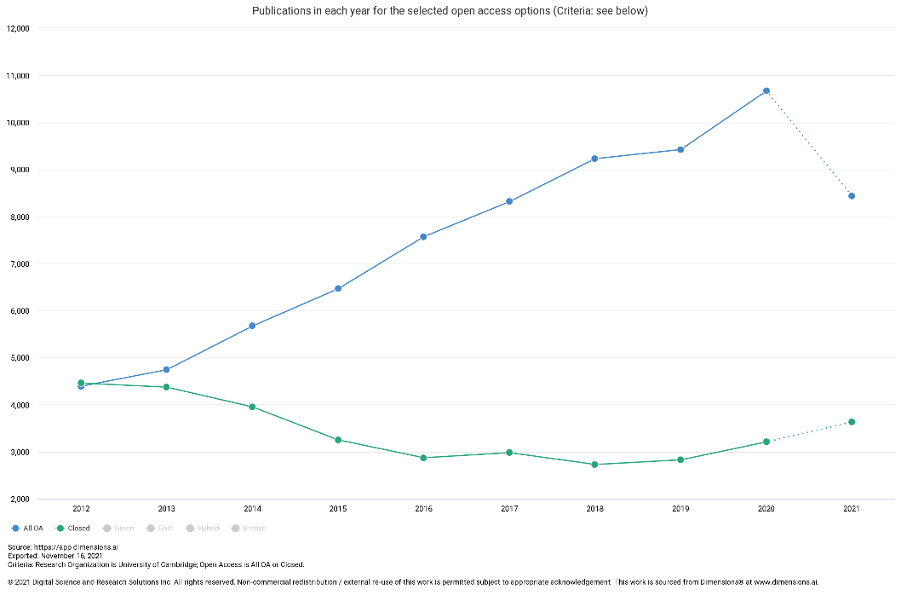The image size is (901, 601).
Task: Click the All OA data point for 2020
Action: [766, 90]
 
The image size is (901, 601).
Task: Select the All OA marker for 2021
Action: [852, 196]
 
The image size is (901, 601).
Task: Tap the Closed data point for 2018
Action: [594, 465]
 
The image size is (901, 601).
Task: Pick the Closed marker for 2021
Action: [852, 422]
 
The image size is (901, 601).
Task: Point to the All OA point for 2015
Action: [338, 288]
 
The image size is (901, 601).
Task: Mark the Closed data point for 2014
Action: [252, 407]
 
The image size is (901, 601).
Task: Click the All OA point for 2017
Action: [509, 201]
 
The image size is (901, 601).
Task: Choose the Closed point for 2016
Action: [423, 458]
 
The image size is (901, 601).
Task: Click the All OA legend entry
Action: [27, 529]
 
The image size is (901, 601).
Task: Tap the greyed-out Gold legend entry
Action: [159, 529]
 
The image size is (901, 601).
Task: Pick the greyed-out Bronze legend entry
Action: [248, 529]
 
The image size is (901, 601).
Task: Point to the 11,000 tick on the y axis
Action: [18, 76]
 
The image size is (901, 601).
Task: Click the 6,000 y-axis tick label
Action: [18, 311]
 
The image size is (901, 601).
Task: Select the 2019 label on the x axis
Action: [680, 509]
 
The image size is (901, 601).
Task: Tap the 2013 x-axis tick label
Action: [166, 509]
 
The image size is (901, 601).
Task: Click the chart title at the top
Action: [450, 11]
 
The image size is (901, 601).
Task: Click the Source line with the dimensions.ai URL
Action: [50, 547]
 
